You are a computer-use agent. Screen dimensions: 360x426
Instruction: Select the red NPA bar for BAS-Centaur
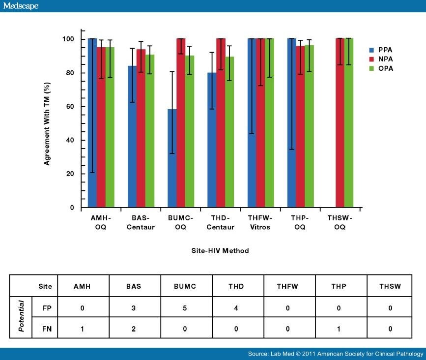141,128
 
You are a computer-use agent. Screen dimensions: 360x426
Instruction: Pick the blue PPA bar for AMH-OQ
92,123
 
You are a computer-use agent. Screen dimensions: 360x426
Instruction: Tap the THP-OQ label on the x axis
299,222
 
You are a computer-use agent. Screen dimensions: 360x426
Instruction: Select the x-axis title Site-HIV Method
220,251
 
